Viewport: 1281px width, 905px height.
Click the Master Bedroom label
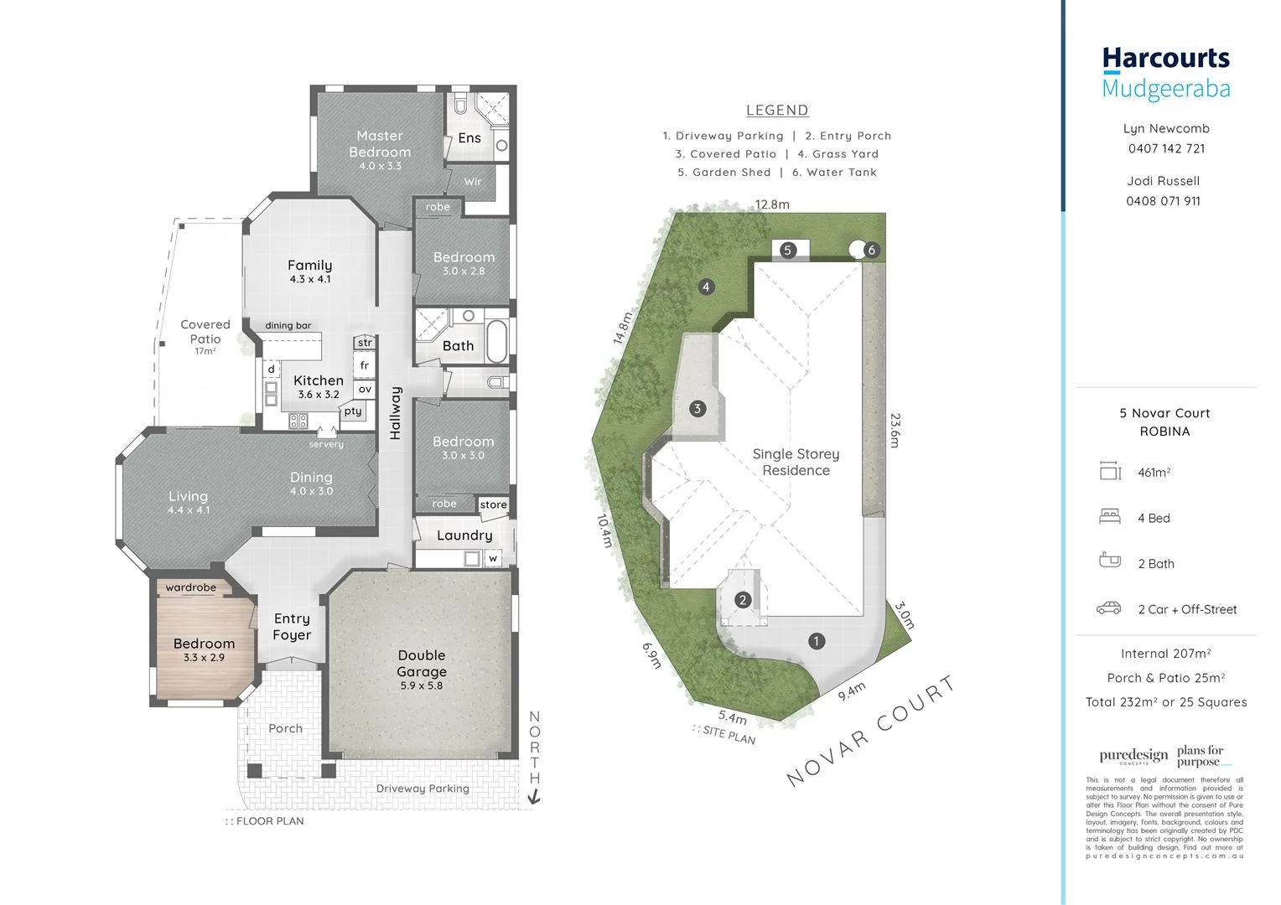380,144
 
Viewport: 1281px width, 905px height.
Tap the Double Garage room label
422,664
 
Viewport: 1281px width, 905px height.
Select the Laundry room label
464,535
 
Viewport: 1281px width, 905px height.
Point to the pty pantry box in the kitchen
353,411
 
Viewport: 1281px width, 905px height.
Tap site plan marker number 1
817,641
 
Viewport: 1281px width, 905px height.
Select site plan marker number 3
698,409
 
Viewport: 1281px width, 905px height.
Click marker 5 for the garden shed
787,250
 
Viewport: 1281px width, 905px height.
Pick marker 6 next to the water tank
872,250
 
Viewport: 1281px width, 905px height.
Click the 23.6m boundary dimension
895,430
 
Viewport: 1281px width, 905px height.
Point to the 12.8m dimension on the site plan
771,204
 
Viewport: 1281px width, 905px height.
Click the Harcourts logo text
1165,59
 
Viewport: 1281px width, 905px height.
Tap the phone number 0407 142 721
1166,148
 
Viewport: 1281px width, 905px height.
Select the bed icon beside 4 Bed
1110,517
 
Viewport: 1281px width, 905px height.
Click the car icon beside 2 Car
1109,608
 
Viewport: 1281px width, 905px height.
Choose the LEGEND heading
777,110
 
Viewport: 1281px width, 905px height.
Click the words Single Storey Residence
796,462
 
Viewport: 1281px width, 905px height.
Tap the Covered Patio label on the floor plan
205,332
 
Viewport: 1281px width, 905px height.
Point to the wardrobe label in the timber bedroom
190,587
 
